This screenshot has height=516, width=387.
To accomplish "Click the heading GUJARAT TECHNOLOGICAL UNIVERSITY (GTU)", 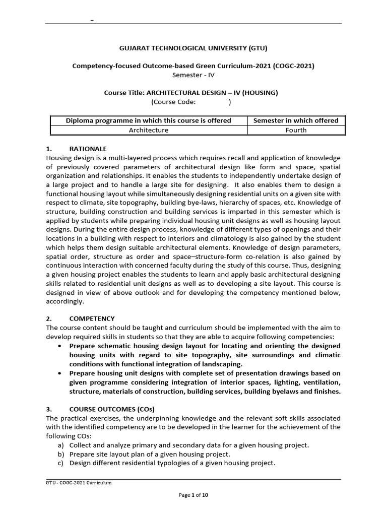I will [x=193, y=48].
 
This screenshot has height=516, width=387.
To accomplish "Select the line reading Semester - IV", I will [x=193, y=75].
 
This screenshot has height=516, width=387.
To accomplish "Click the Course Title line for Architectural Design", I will [x=190, y=93].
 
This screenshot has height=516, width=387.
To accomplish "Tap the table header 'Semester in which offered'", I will [x=295, y=120].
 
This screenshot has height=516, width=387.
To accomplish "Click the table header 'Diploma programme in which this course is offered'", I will [x=149, y=120].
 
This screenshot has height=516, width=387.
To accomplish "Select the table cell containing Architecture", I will [x=149, y=130].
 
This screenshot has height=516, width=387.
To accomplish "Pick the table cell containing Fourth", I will [x=295, y=130].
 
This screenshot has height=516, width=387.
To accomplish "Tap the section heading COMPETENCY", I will [x=92, y=318].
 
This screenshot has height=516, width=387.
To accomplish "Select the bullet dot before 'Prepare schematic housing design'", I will [x=60, y=346].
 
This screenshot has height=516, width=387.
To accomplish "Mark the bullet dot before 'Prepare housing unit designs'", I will [x=60, y=373].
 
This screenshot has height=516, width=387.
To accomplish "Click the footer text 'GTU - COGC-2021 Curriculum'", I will [x=78, y=483].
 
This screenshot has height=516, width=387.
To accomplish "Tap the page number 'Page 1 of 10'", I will [x=193, y=495].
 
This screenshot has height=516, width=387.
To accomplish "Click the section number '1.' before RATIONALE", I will [x=49, y=149].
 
